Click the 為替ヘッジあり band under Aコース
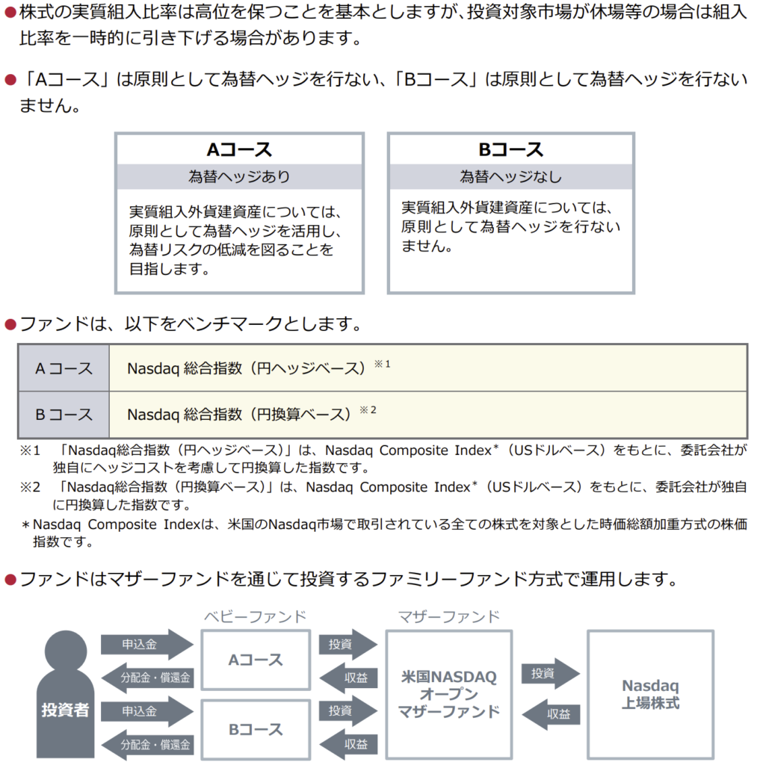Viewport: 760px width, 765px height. pos(239,177)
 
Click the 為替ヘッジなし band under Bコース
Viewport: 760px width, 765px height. pos(510,177)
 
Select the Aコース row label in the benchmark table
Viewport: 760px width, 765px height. pos(64,368)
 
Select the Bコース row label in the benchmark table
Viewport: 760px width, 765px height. pos(64,415)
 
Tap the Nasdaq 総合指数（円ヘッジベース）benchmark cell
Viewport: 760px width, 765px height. pos(427,368)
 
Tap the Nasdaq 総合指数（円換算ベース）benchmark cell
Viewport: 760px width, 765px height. pos(427,415)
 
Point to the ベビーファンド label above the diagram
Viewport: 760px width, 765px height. pos(255,617)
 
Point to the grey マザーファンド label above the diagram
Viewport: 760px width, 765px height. pos(448,617)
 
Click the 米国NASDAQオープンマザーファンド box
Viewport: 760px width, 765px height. pos(448,694)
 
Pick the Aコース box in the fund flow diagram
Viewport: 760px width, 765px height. pos(256,660)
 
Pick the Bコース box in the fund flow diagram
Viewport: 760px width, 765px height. pos(256,729)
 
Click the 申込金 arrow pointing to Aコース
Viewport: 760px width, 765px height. pos(146,644)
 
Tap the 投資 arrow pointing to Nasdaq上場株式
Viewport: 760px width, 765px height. pos(550,673)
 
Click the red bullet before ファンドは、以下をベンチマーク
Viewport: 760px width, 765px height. pos(10,324)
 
